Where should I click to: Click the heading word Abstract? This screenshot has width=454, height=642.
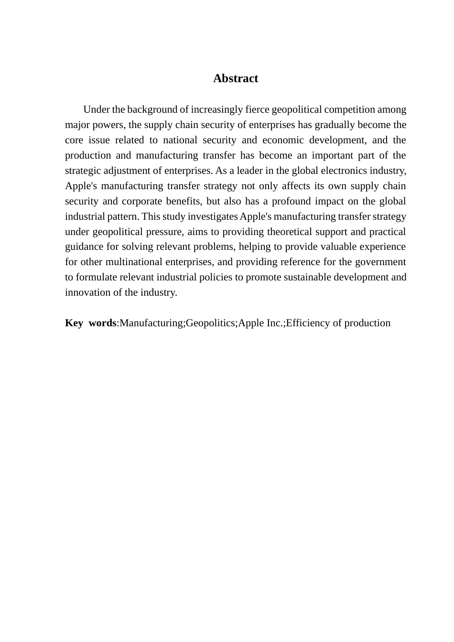coord(236,78)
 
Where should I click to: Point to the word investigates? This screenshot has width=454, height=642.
coord(210,216)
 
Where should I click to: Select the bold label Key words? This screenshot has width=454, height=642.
coord(90,323)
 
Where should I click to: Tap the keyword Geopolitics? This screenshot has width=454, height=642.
coord(210,323)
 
